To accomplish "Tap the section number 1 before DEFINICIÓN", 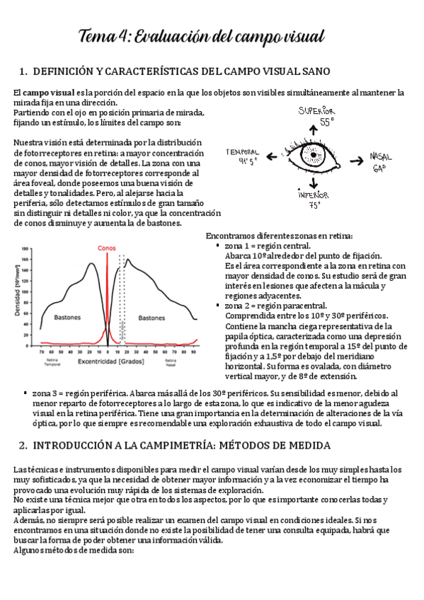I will pyautogui.click(x=22, y=71).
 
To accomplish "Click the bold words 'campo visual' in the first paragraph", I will pyautogui.click(x=48, y=93).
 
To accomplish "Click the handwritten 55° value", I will pyautogui.click(x=326, y=122).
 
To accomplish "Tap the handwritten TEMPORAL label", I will pyautogui.click(x=243, y=152).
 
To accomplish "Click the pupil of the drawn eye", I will pyautogui.click(x=314, y=155).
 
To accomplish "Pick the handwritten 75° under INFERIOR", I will pyautogui.click(x=314, y=204).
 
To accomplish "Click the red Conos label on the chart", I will pyautogui.click(x=108, y=248).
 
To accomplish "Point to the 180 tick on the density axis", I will pyautogui.click(x=26, y=249).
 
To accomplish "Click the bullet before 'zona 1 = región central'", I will pyautogui.click(x=217, y=246).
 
